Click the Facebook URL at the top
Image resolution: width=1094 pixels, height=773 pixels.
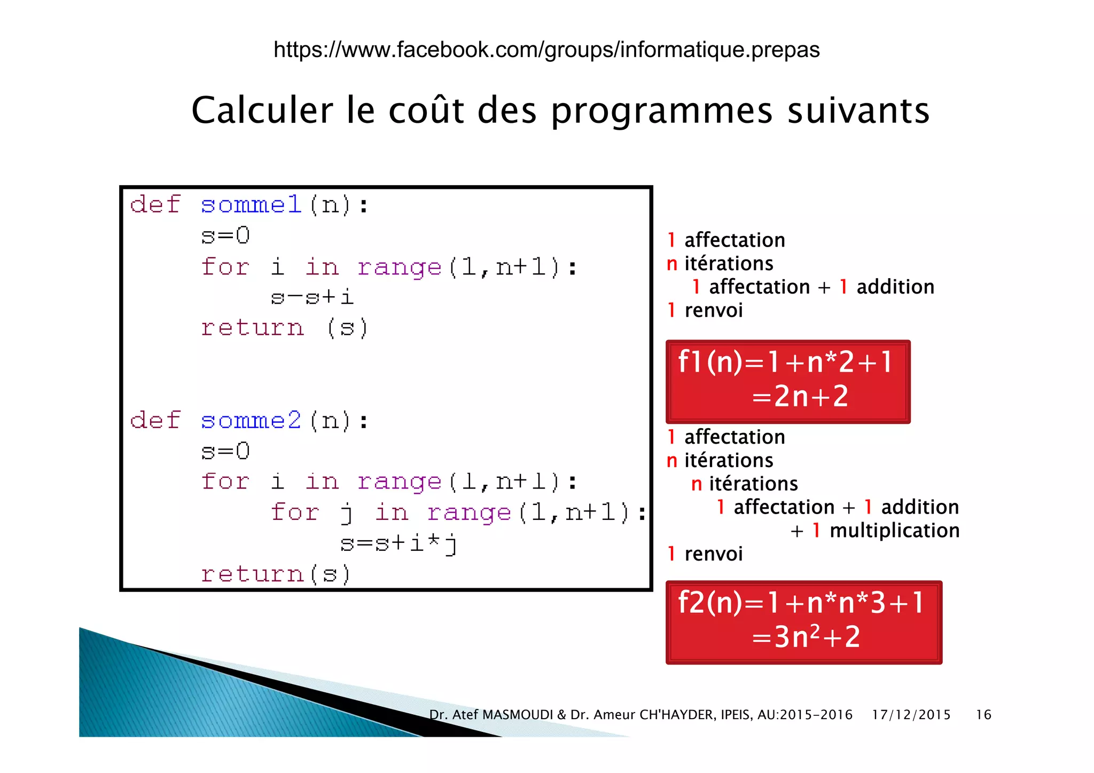pyautogui.click(x=546, y=50)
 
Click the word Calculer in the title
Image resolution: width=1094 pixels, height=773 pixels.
pyautogui.click(x=262, y=111)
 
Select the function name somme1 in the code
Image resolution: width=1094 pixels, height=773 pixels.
pyautogui.click(x=251, y=205)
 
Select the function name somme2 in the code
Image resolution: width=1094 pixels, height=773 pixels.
pyautogui.click(x=251, y=421)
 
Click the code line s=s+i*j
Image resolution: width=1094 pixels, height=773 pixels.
pyautogui.click(x=398, y=543)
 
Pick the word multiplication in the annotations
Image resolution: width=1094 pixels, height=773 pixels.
pyautogui.click(x=894, y=531)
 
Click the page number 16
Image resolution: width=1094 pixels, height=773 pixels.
pyautogui.click(x=983, y=715)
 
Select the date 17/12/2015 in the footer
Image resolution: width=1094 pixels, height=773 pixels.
pyautogui.click(x=911, y=715)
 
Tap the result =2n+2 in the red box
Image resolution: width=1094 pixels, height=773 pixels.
pyautogui.click(x=800, y=397)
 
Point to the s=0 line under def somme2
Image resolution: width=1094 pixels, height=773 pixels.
pyautogui.click(x=225, y=452)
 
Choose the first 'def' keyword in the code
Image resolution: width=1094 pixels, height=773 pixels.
pyautogui.click(x=155, y=205)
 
